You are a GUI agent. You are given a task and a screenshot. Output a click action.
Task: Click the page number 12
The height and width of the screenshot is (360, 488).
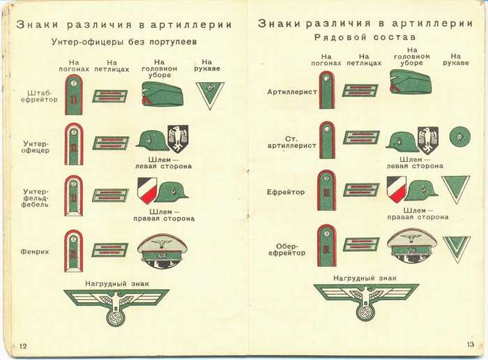[x=23, y=346]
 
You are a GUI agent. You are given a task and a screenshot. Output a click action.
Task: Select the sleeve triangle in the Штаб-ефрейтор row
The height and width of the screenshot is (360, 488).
[x=207, y=92]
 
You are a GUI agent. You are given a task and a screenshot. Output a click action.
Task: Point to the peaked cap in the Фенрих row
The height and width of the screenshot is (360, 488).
[x=162, y=251]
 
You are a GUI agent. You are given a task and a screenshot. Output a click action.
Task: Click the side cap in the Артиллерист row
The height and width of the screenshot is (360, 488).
[x=411, y=82]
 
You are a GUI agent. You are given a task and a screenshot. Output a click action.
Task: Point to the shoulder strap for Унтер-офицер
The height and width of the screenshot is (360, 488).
[x=74, y=144]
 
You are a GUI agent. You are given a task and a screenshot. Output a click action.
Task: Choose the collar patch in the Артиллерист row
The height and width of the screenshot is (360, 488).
[x=360, y=91]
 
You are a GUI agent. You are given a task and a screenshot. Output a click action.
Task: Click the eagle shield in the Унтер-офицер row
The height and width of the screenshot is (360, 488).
[x=179, y=138]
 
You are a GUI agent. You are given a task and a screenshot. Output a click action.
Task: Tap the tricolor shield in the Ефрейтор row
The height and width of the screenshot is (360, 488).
[x=396, y=189]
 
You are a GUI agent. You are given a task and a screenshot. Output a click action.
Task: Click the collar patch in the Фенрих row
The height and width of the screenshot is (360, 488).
[x=109, y=249]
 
